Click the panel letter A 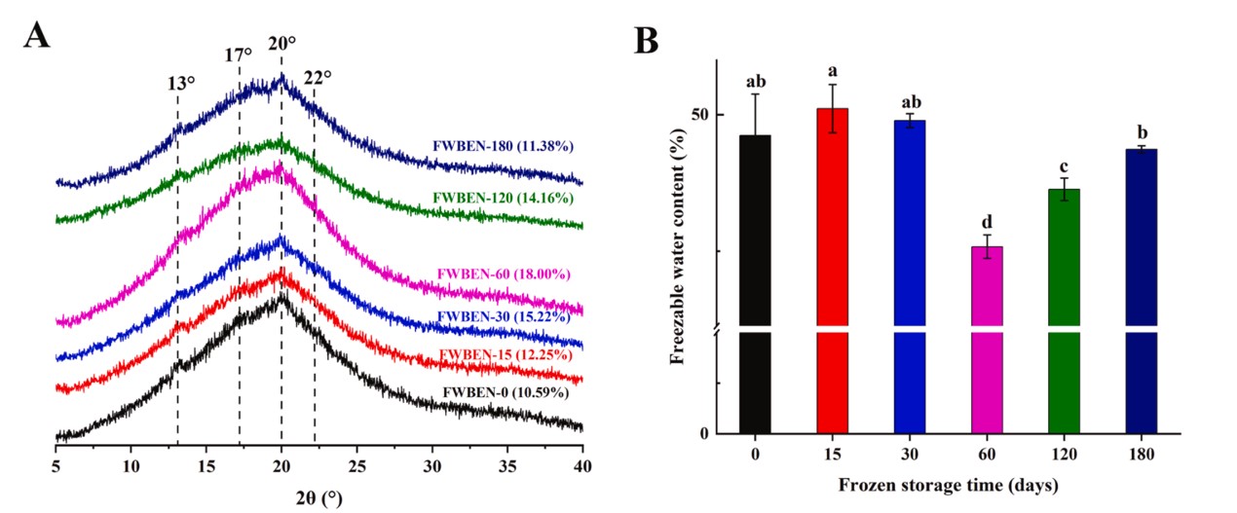coord(36,36)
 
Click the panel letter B coord(647,40)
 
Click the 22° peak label coord(317,78)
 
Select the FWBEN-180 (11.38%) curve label coord(502,147)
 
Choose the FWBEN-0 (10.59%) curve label coord(506,392)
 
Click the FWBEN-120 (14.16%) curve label coord(503,199)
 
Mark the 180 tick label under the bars coord(1141,455)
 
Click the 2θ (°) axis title coord(319,497)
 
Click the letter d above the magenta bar coord(987,222)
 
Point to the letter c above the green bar coord(1064,165)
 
